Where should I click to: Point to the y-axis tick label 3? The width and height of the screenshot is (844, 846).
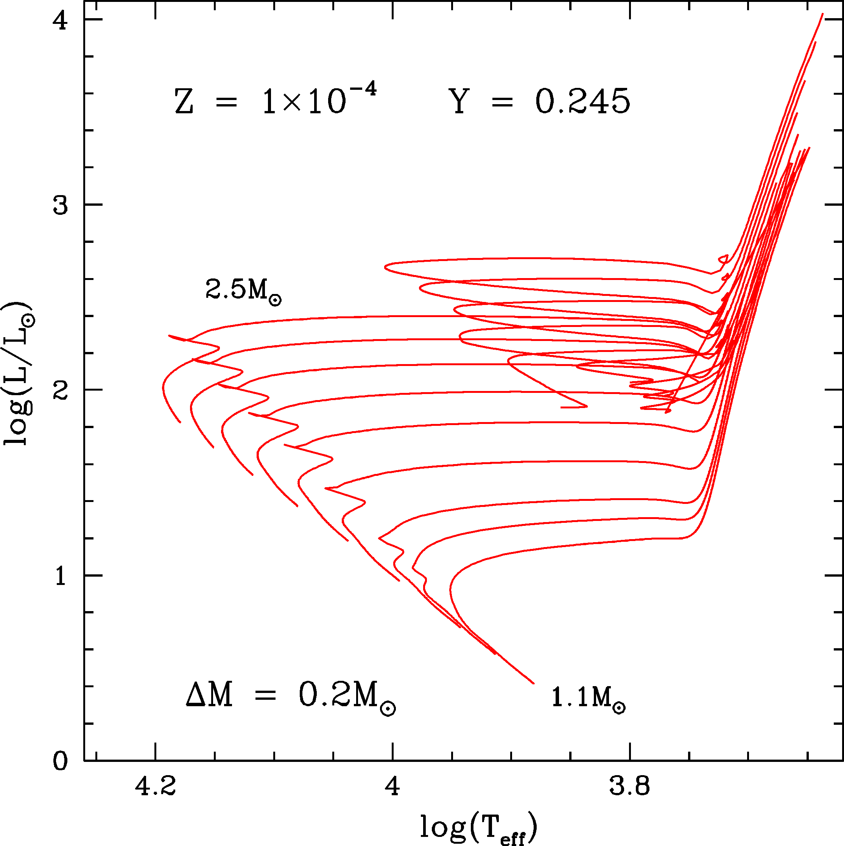(61, 205)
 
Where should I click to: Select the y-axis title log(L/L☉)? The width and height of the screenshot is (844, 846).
(19, 374)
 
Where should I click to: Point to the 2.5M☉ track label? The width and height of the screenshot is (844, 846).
(243, 290)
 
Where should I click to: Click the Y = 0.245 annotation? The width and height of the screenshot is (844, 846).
(539, 102)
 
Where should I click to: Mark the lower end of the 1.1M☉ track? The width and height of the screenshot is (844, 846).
(533, 683)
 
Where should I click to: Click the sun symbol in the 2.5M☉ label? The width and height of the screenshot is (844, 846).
(275, 300)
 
